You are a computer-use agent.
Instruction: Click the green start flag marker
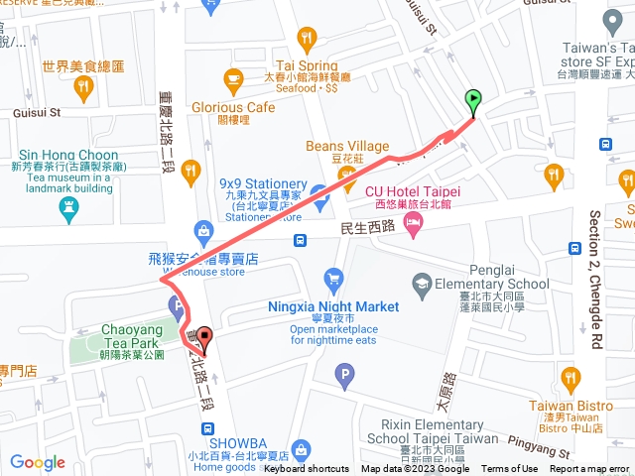473,100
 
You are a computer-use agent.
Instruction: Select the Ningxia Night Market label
333,306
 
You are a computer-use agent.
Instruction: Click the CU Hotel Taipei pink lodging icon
413,227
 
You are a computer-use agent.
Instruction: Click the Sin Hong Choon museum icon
67,207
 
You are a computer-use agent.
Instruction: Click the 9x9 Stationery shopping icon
318,191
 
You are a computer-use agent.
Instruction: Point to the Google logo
38,462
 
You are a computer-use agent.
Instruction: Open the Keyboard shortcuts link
307,469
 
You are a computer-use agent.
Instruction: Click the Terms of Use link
509,469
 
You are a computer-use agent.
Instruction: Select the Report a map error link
590,469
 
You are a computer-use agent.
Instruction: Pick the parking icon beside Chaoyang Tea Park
176,304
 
